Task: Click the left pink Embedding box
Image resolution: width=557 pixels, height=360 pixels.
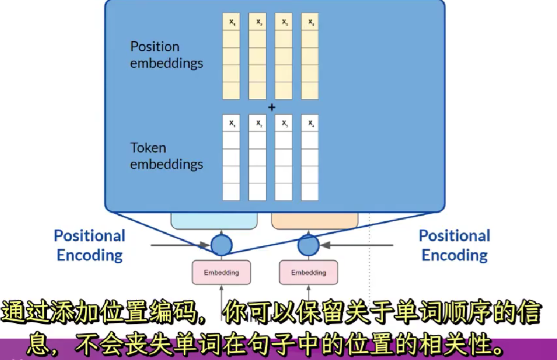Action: [221, 273]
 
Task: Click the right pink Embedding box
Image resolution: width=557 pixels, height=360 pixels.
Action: [308, 273]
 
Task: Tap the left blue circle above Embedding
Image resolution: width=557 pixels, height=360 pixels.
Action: [221, 245]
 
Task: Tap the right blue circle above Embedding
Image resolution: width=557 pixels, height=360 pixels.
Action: [308, 245]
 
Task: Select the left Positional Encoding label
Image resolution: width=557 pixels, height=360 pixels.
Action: [90, 245]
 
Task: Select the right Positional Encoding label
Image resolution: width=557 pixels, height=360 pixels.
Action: [454, 245]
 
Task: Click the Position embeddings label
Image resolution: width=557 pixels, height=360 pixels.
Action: [166, 55]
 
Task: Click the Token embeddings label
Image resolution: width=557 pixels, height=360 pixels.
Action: [166, 156]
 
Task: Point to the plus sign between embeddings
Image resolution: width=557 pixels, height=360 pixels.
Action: [271, 107]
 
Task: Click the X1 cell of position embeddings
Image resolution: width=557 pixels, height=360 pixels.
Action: [231, 22]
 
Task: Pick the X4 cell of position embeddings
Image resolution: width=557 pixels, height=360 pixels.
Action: [310, 22]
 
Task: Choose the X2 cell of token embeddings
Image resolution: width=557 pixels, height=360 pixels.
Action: [257, 123]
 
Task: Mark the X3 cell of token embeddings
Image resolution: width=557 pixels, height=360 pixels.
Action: [284, 123]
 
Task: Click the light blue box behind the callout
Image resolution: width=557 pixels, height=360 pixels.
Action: [214, 221]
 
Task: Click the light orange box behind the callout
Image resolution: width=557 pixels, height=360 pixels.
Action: [315, 221]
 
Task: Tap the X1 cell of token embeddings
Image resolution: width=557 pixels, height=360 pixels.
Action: [231, 123]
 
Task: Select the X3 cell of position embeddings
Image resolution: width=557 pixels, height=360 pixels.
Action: [284, 22]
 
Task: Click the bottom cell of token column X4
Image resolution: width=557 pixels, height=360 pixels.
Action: [310, 192]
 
